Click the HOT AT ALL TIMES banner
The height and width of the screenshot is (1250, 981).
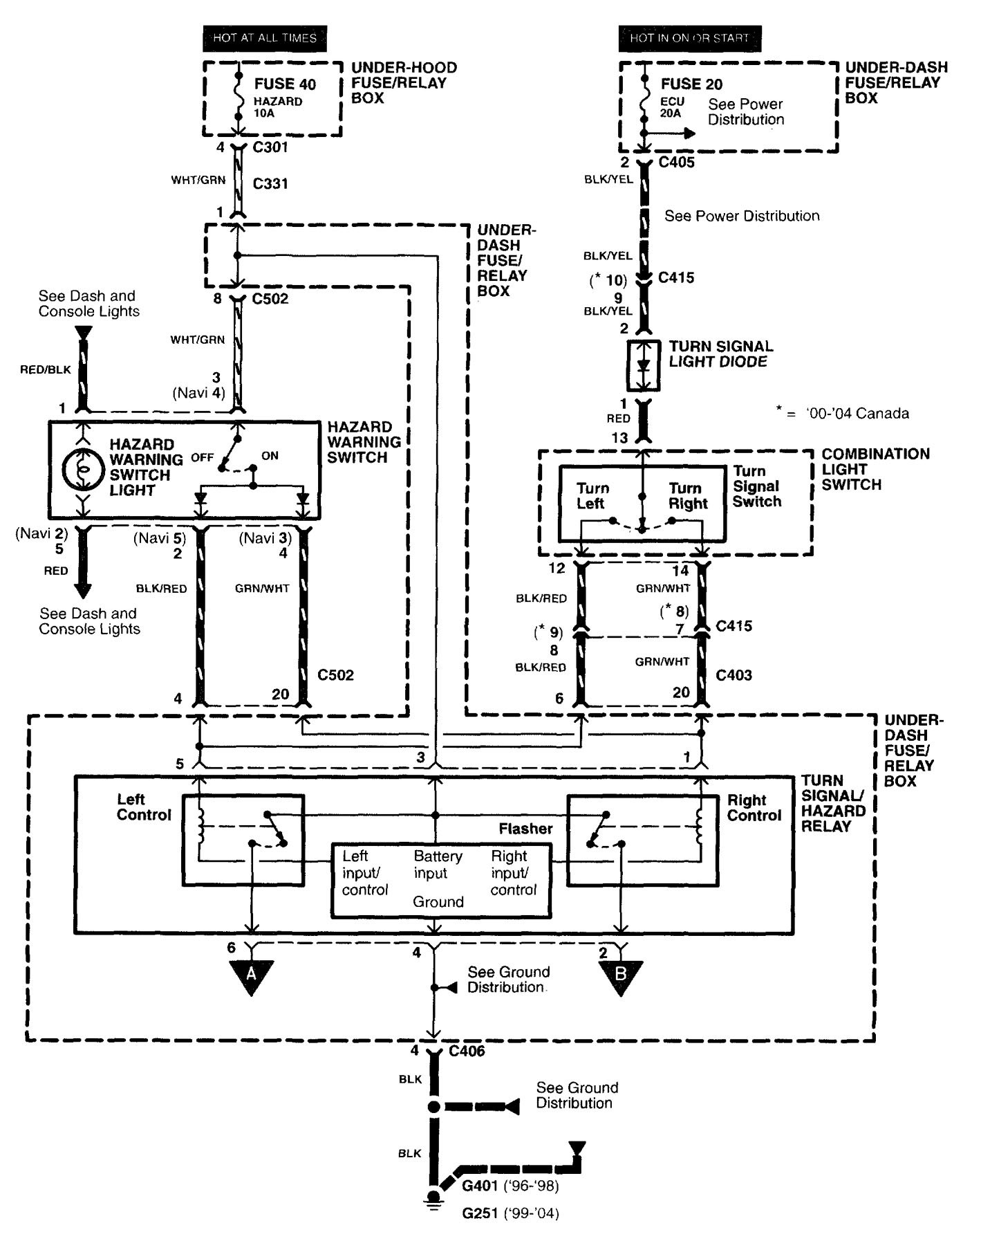pyautogui.click(x=264, y=38)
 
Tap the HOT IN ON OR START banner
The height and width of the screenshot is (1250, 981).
pyautogui.click(x=689, y=38)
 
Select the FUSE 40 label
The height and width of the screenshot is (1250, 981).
pyautogui.click(x=285, y=84)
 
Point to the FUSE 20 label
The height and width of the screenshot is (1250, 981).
pyautogui.click(x=691, y=84)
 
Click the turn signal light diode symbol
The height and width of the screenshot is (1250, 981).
pyautogui.click(x=644, y=365)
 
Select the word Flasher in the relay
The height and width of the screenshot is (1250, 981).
pyautogui.click(x=525, y=829)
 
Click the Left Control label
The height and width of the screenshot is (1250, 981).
pyautogui.click(x=144, y=807)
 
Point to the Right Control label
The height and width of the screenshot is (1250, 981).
pyautogui.click(x=754, y=808)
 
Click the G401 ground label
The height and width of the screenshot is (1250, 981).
pyautogui.click(x=480, y=1186)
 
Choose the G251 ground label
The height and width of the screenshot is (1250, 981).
pyautogui.click(x=480, y=1213)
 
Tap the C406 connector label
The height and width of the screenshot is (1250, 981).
pyautogui.click(x=467, y=1051)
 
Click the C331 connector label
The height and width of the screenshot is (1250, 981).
pyautogui.click(x=270, y=183)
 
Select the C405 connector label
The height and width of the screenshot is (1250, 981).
pyautogui.click(x=676, y=163)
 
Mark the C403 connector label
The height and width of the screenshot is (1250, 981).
pyautogui.click(x=734, y=675)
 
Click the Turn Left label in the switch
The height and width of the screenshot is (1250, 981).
pyautogui.click(x=592, y=496)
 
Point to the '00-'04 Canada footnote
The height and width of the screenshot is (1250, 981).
pyautogui.click(x=843, y=414)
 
